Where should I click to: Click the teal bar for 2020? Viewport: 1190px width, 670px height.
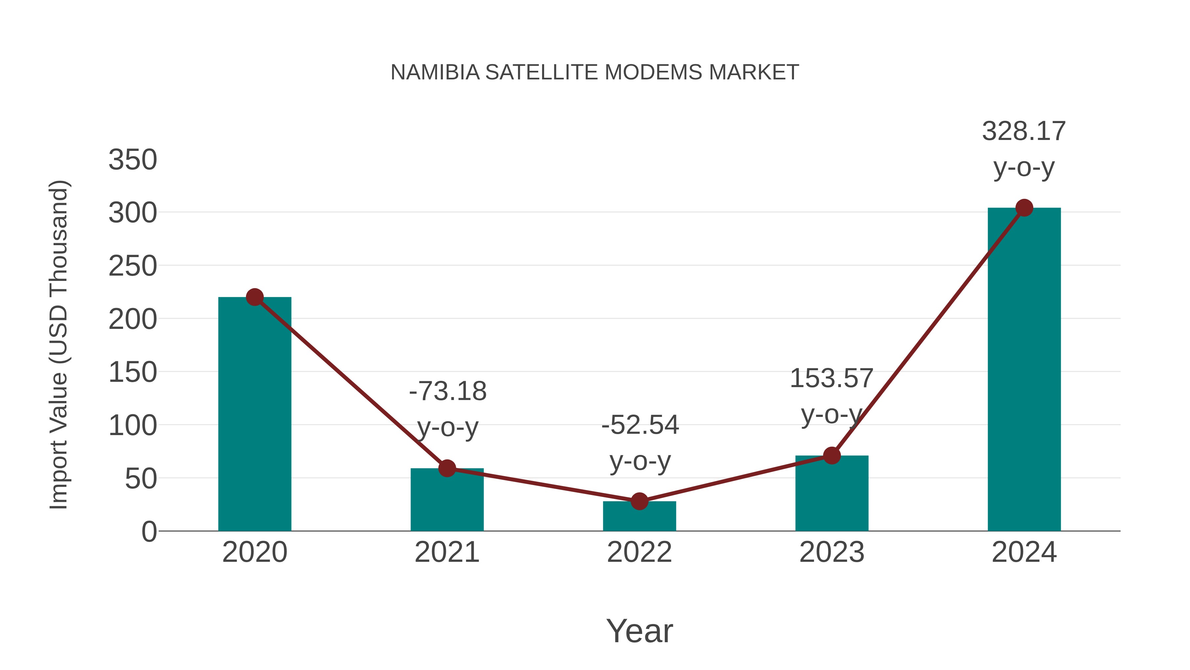pyautogui.click(x=255, y=416)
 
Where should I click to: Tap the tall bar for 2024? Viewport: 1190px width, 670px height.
pyautogui.click(x=1024, y=370)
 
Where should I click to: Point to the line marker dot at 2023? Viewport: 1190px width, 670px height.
pyautogui.click(x=832, y=456)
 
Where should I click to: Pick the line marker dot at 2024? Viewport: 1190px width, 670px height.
pyautogui.click(x=1024, y=208)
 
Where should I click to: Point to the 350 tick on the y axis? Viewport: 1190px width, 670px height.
pyautogui.click(x=133, y=160)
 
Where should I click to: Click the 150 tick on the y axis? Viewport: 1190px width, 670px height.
pyautogui.click(x=133, y=372)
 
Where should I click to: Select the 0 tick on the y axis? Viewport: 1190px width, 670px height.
pyautogui.click(x=149, y=532)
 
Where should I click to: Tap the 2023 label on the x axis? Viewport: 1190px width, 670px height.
pyautogui.click(x=832, y=552)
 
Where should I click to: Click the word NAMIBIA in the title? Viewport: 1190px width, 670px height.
pyautogui.click(x=435, y=72)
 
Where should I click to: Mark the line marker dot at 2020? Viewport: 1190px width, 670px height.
pyautogui.click(x=255, y=297)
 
